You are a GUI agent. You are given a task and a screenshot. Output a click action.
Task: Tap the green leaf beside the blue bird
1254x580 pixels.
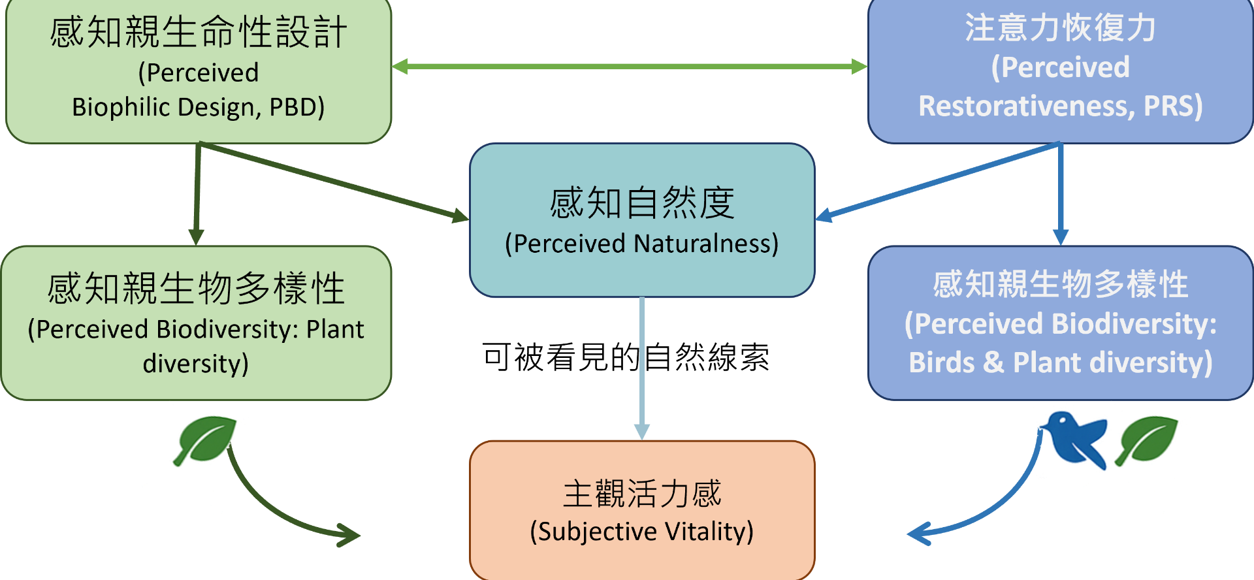pyautogui.click(x=1148, y=439)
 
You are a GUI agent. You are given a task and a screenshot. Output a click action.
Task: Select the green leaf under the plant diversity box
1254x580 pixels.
pyautogui.click(x=206, y=440)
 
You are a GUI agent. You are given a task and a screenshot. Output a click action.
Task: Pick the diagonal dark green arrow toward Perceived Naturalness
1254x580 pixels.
pyautogui.click(x=333, y=182)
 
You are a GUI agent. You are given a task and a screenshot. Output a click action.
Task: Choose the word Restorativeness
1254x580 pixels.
pyautogui.click(x=1023, y=106)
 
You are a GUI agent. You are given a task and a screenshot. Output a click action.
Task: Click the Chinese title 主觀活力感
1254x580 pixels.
pyautogui.click(x=642, y=494)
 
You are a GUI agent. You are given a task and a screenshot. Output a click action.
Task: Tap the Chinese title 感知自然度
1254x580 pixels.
pyautogui.click(x=642, y=203)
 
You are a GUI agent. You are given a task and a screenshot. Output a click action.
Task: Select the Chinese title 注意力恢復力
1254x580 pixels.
pyautogui.click(x=1060, y=29)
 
